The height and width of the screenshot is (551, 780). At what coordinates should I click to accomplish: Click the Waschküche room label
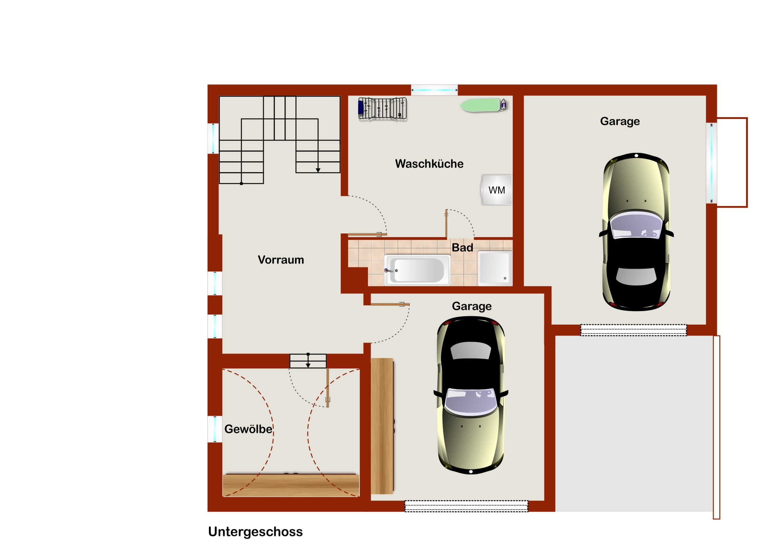pos(429,164)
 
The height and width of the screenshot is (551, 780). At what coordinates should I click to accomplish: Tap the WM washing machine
pos(497,190)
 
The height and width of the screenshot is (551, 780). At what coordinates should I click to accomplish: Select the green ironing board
pos(483,105)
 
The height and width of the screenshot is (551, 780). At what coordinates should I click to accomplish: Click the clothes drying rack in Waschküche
pos(383,108)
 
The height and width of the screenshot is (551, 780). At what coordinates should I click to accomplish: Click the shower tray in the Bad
pos(495,268)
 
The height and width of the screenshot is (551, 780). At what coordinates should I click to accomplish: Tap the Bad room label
pos(462,247)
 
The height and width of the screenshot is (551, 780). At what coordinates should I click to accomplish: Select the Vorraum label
pos(280,260)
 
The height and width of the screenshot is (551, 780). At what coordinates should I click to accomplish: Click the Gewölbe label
pos(248,429)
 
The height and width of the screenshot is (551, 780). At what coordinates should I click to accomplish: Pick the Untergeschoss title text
pos(255,532)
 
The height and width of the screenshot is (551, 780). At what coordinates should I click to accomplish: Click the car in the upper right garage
pos(636,232)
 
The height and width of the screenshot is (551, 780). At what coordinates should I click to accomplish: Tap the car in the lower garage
pos(470,395)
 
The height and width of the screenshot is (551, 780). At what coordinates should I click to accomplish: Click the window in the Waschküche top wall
pos(434,90)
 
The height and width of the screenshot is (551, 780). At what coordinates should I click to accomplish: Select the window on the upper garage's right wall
pos(711,163)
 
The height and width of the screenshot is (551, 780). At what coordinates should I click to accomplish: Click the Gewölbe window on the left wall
pos(215,429)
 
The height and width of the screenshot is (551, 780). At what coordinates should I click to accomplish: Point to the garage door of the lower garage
pos(466,506)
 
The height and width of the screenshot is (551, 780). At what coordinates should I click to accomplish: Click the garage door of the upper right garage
pos(633,330)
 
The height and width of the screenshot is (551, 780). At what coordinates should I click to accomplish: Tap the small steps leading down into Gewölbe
pos(308,361)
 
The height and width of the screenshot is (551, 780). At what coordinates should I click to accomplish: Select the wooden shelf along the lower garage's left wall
pos(382,426)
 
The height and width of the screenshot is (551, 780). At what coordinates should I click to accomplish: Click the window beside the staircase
pos(213,138)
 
